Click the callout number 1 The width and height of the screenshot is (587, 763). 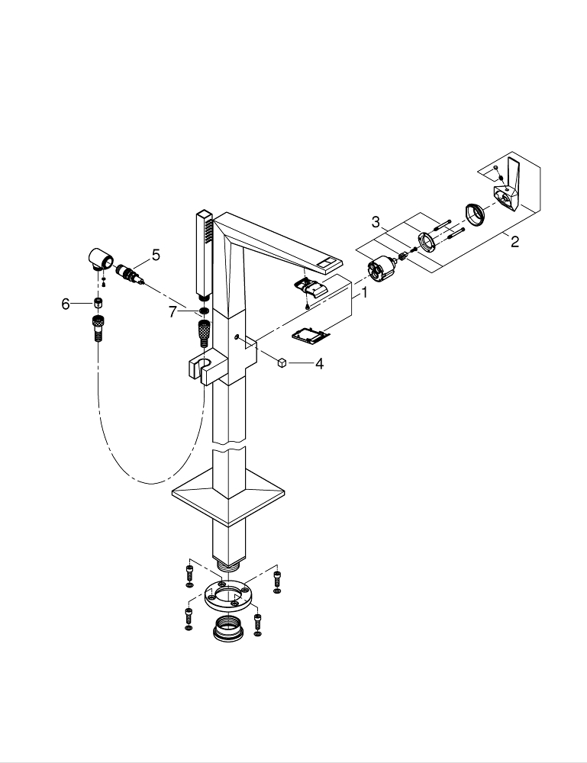coord(365,292)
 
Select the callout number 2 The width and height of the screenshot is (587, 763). coord(514,242)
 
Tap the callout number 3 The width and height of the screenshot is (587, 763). coord(376,221)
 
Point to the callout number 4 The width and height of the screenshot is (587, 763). coord(319,364)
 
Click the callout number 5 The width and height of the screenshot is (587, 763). coord(156,255)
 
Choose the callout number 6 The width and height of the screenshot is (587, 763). coord(66,304)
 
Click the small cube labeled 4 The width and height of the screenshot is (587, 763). coord(282,363)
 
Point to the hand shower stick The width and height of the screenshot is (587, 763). coord(203,252)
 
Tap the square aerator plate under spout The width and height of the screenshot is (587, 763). coord(311,333)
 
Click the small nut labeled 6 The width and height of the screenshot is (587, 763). coord(98,303)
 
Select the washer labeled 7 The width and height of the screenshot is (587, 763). coord(204,311)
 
